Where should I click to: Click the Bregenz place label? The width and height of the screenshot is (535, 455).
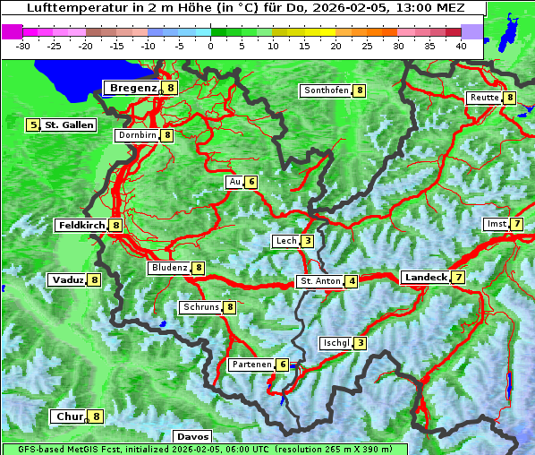click(133, 88)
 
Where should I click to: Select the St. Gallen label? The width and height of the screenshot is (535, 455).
click(69, 125)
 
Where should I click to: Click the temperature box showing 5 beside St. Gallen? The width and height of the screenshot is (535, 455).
click(34, 125)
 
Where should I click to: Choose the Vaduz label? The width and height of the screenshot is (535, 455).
click(68, 279)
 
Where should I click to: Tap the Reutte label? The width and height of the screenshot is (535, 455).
click(484, 98)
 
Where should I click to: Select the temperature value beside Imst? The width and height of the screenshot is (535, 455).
click(517, 224)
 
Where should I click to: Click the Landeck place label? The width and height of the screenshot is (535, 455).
click(425, 278)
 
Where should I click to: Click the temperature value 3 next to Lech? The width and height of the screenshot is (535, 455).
click(307, 241)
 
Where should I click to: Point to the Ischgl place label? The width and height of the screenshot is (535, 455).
click(335, 343)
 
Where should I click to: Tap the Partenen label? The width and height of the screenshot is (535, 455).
click(251, 365)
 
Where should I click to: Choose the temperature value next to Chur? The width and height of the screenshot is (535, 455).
click(96, 416)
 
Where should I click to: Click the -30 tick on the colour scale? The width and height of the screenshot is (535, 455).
click(23, 46)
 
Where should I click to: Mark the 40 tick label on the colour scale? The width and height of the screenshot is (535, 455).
click(461, 46)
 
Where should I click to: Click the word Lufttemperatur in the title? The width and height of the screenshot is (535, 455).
click(68, 7)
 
